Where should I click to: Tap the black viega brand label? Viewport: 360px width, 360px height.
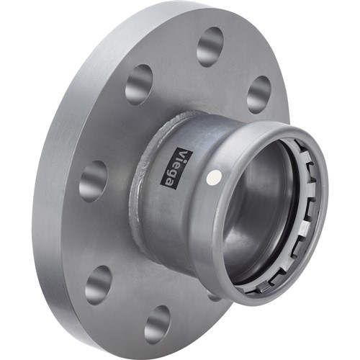(176, 168)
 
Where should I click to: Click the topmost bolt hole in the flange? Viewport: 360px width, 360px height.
(210, 47)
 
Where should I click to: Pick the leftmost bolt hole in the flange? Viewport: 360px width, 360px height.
(93, 181)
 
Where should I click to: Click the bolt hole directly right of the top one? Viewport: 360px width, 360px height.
(259, 94)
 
